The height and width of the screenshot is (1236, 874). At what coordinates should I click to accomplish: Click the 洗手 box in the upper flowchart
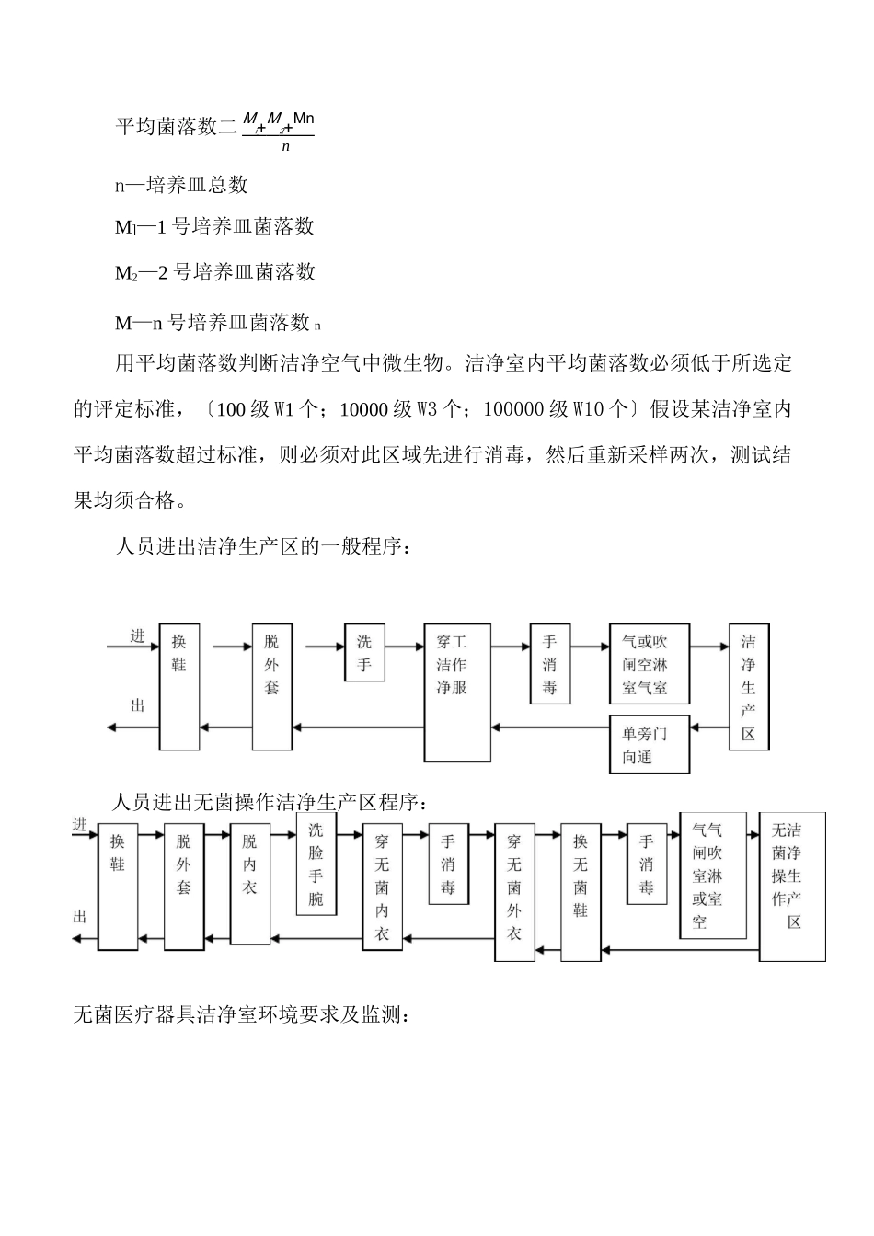coord(364,653)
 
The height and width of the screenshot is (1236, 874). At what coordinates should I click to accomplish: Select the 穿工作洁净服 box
coord(456,692)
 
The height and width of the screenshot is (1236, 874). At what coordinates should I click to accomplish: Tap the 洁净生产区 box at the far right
coord(748,687)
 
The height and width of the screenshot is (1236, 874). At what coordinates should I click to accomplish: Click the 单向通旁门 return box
coord(650,744)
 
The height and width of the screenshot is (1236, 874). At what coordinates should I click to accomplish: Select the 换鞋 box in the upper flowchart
coord(178,686)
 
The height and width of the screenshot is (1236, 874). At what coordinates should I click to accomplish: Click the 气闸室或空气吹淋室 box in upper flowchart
coord(650,665)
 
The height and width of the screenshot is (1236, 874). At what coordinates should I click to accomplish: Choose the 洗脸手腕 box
coord(316,864)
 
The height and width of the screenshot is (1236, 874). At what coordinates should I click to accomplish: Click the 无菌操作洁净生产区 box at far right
coord(792,887)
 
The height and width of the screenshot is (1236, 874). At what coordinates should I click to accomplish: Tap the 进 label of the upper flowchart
coord(137,635)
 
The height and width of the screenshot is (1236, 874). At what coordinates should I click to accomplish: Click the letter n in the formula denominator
coord(285,146)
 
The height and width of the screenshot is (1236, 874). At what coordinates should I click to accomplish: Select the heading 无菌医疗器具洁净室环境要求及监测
coord(247,1015)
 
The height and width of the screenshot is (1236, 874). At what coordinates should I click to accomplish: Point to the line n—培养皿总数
coord(181,185)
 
